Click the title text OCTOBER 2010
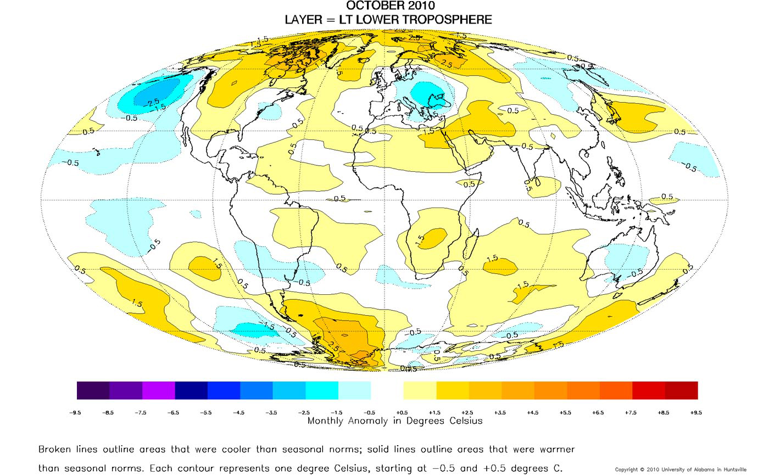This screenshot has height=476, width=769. tap(383, 6)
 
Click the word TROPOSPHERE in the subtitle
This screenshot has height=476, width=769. tap(442, 20)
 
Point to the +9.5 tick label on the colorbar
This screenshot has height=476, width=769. tap(697, 412)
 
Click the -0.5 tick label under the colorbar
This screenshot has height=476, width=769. tap(371, 412)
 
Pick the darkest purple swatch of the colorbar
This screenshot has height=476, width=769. tap(93, 390)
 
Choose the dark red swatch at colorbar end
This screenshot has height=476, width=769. tap(681, 390)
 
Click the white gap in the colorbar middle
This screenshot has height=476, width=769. tap(387, 390)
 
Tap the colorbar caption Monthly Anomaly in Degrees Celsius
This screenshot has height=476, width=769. tap(394, 421)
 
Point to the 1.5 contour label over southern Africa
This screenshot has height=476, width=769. tap(421, 240)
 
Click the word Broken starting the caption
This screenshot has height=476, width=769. tap(55, 449)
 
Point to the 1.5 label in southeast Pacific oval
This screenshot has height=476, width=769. tap(217, 265)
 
